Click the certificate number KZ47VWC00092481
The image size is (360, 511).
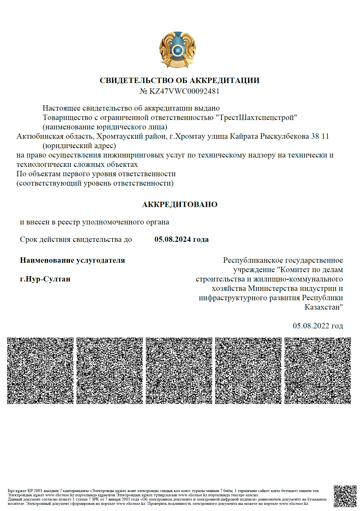click(x=184, y=91)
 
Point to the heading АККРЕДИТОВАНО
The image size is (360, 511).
click(x=179, y=205)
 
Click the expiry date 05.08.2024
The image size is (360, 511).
click(x=172, y=239)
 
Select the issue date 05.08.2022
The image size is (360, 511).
click(x=311, y=326)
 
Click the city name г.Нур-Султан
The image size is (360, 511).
click(x=45, y=279)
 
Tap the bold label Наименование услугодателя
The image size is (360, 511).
click(x=72, y=260)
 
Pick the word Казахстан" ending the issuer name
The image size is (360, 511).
click(x=324, y=307)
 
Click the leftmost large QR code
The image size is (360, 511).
click(x=40, y=371)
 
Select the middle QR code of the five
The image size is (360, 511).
click(x=179, y=371)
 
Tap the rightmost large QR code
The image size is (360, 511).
click(x=318, y=371)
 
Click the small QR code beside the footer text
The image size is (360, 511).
click(x=345, y=496)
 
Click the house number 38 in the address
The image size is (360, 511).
click(x=315, y=136)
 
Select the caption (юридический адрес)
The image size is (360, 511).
click(x=79, y=146)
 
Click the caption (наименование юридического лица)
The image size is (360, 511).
click(x=105, y=127)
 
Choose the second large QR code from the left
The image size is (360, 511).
click(x=110, y=371)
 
